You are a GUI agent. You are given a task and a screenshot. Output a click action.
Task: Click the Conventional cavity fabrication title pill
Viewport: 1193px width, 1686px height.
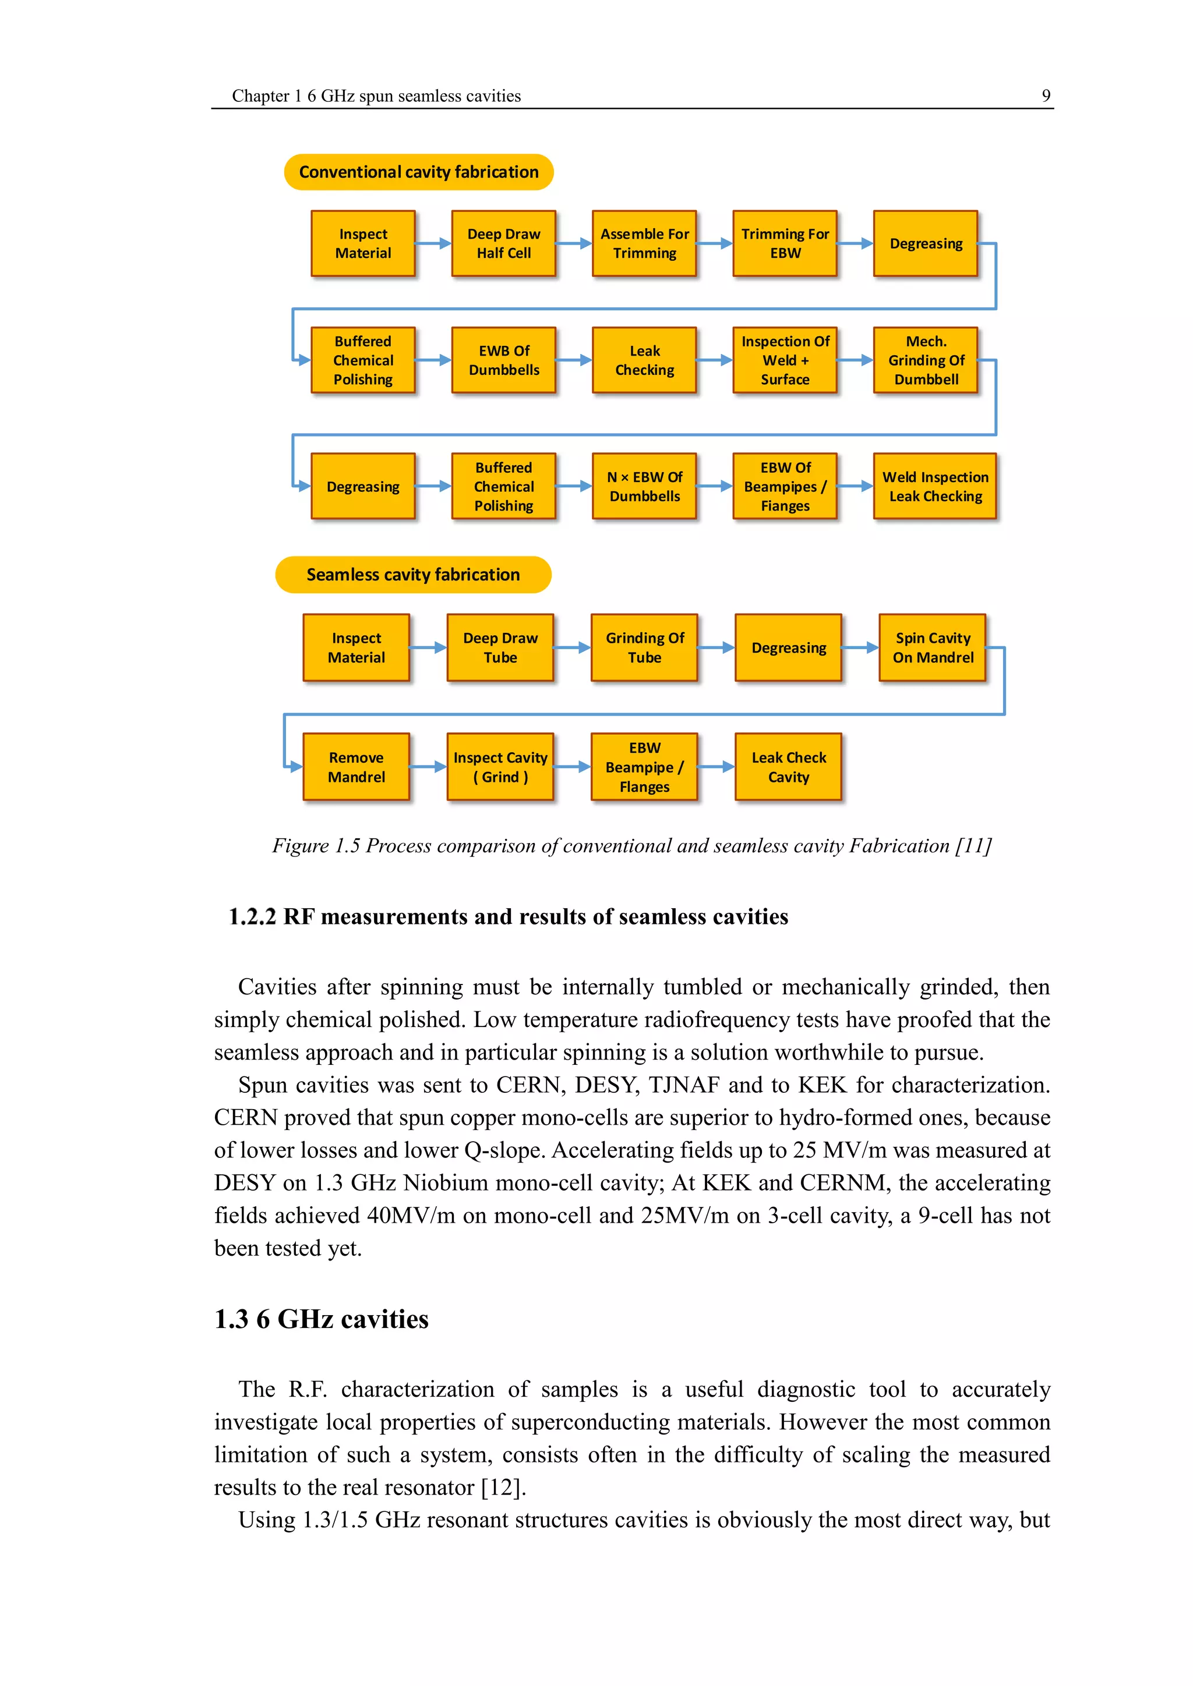pyautogui.click(x=418, y=172)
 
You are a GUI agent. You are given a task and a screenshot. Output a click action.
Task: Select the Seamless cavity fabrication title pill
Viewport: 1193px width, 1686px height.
pyautogui.click(x=413, y=574)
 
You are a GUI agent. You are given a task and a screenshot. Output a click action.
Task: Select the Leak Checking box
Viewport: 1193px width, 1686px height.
pyautogui.click(x=644, y=360)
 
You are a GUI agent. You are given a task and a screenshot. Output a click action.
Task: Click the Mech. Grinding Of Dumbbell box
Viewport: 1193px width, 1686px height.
pyautogui.click(x=926, y=360)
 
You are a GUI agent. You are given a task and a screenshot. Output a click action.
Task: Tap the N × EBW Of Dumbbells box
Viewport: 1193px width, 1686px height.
pyautogui.click(x=644, y=486)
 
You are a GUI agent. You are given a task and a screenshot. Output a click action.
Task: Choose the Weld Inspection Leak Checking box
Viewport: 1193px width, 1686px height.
pyautogui.click(x=934, y=486)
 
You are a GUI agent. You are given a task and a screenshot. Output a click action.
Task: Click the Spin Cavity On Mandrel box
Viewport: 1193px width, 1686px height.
pyautogui.click(x=932, y=647)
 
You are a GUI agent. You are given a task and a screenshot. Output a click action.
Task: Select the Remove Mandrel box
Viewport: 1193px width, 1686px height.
pyautogui.click(x=357, y=767)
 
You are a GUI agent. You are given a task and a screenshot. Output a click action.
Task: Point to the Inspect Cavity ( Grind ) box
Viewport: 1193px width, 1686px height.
pyautogui.click(x=500, y=767)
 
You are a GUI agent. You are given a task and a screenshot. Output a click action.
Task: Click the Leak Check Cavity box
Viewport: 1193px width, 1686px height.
pyautogui.click(x=788, y=767)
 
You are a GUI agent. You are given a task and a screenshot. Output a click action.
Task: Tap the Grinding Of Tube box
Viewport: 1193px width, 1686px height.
pyautogui.click(x=644, y=647)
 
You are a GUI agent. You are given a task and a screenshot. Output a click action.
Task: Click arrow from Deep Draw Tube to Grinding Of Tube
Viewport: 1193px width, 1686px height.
pyautogui.click(x=572, y=647)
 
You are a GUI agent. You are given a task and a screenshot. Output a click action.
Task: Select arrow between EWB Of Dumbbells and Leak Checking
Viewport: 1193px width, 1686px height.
pyautogui.click(x=574, y=360)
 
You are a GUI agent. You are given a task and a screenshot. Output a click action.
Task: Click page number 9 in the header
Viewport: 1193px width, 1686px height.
pyautogui.click(x=1046, y=95)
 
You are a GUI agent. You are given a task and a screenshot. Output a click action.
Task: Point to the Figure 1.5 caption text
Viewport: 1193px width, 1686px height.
pyautogui.click(x=632, y=846)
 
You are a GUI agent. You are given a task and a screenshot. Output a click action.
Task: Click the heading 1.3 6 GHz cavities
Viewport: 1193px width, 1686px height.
pyautogui.click(x=321, y=1319)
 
